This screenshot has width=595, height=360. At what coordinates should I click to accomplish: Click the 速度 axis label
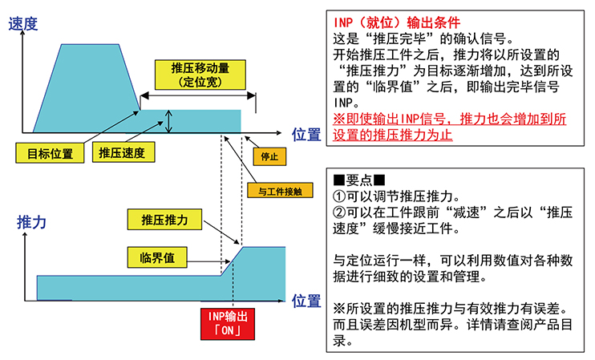(x=22, y=24)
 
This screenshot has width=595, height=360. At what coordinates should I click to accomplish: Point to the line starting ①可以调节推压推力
(x=396, y=196)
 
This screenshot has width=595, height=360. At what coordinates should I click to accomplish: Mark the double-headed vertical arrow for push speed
(x=169, y=121)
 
